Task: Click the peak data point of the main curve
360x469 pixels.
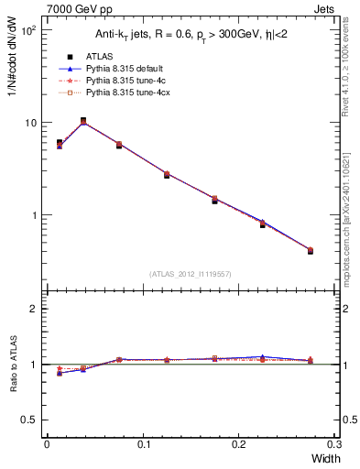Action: coord(83,121)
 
